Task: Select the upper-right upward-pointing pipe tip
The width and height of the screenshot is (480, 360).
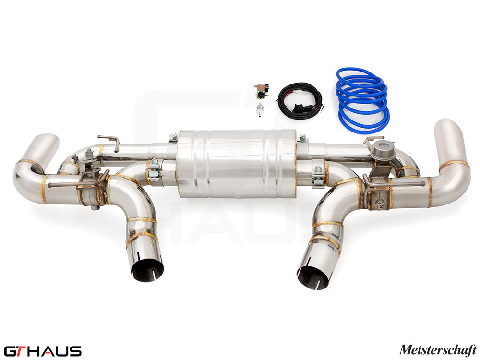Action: point(450,134)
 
